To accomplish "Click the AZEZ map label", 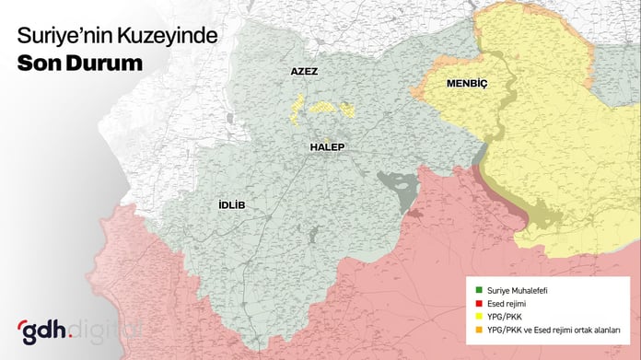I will [304, 71].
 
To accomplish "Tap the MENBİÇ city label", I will [466, 83].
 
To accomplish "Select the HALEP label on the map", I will [326, 146].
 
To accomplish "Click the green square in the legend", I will [467, 290].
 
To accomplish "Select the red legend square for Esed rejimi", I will [467, 303].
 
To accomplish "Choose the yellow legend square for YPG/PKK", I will [467, 317].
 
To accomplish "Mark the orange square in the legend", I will [467, 331].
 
